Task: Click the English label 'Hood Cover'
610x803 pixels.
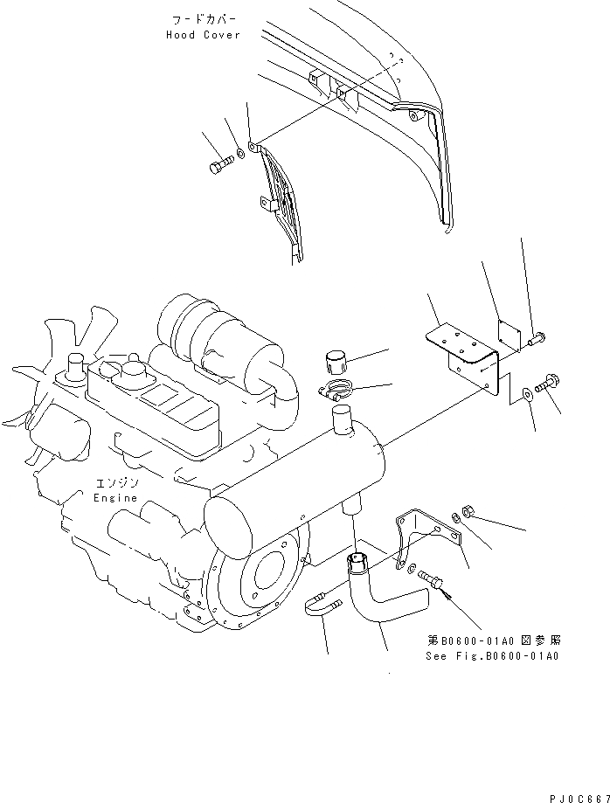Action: [x=202, y=35]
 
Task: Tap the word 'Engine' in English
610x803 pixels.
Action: [x=115, y=497]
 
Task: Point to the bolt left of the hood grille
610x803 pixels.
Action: [x=220, y=164]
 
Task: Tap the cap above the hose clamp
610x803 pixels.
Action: [x=336, y=362]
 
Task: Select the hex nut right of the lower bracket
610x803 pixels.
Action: [x=468, y=510]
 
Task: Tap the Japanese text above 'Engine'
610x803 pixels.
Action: [x=115, y=483]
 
